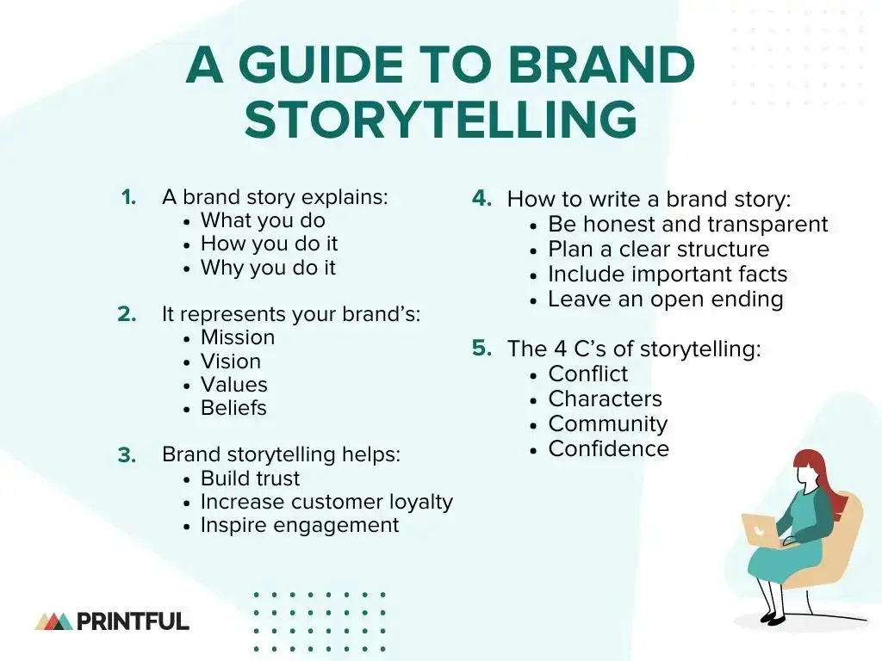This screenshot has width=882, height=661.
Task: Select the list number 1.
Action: [129, 197]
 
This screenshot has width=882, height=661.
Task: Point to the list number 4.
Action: [481, 198]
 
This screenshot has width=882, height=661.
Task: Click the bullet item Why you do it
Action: [268, 268]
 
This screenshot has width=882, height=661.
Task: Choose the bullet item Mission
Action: [238, 337]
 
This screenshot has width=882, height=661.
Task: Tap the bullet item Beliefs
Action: [233, 408]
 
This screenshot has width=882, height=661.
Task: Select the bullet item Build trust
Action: [250, 479]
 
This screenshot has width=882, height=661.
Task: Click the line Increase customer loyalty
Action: [326, 502]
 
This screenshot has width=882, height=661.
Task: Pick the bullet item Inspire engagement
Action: [300, 525]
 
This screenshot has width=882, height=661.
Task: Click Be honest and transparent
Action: [687, 225]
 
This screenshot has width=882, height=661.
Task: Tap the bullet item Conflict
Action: [588, 374]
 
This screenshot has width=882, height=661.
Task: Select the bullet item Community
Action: [607, 424]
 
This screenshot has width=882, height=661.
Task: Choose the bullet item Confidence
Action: [608, 449]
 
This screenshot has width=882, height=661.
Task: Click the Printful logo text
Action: [133, 621]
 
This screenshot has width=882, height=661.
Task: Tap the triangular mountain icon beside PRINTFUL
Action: [53, 621]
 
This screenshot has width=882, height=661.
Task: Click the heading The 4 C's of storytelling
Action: [634, 349]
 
